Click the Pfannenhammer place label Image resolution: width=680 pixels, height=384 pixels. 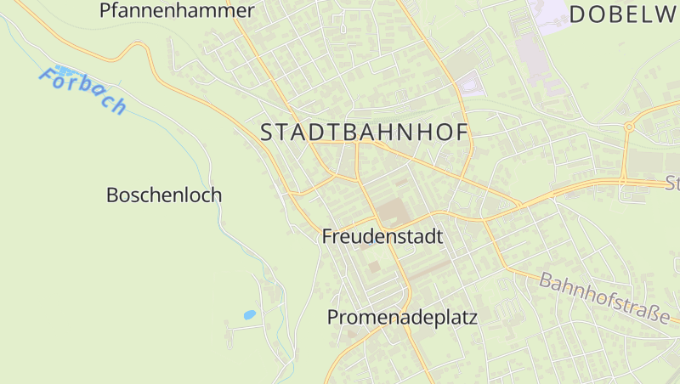click(177, 11)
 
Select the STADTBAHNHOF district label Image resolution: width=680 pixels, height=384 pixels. click(365, 133)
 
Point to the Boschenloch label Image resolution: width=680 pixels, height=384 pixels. click(164, 195)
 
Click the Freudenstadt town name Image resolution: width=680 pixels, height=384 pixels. click(382, 237)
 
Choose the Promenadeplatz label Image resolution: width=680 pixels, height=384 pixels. click(403, 319)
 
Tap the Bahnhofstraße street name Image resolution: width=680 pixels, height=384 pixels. click(603, 297)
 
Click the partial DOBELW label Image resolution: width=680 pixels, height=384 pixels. click(624, 14)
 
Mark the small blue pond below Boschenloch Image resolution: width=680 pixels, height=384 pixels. click(250, 314)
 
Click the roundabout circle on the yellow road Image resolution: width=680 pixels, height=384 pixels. click(629, 127)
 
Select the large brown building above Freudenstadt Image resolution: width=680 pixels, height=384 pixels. click(392, 211)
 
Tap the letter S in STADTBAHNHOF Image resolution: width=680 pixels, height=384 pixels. click(267, 133)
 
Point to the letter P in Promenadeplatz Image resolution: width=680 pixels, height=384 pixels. click(334, 319)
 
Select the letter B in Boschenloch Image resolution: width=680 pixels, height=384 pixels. click(112, 195)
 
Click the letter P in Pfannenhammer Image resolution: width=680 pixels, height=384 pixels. click(105, 11)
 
